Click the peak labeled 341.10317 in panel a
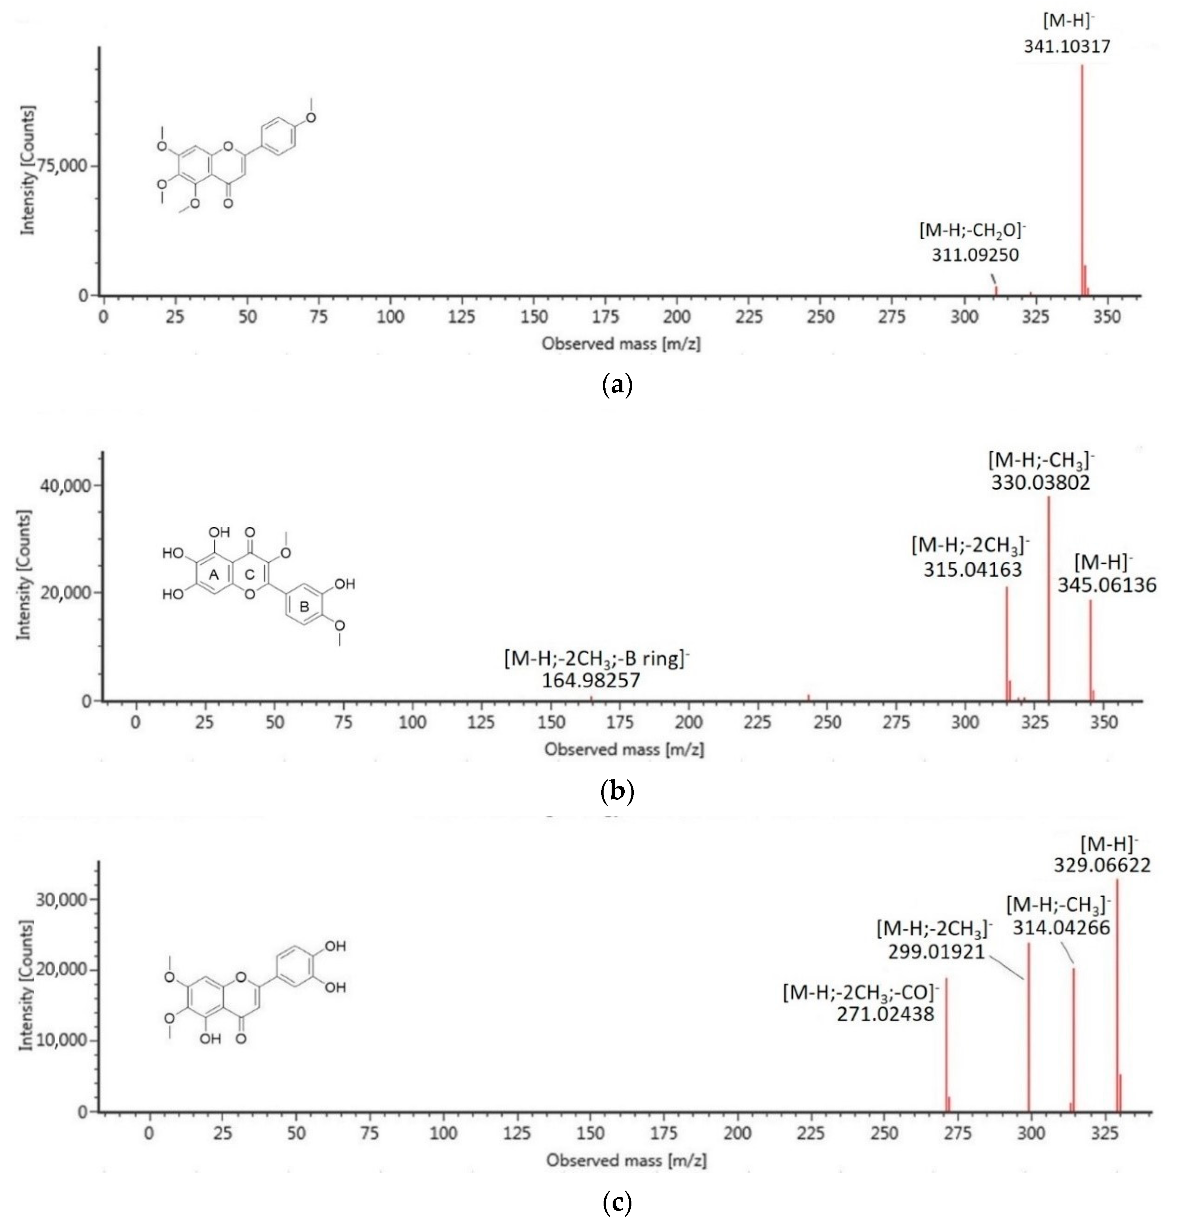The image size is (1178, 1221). pyautogui.click(x=1082, y=181)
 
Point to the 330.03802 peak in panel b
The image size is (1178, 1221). pyautogui.click(x=1048, y=598)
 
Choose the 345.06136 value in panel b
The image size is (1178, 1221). pyautogui.click(x=1106, y=585)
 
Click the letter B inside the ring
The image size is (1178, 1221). pyautogui.click(x=304, y=606)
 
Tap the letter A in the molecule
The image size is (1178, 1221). pyautogui.click(x=214, y=574)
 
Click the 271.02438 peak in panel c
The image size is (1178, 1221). pyautogui.click(x=946, y=1046)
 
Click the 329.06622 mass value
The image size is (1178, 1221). pyautogui.click(x=1102, y=865)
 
